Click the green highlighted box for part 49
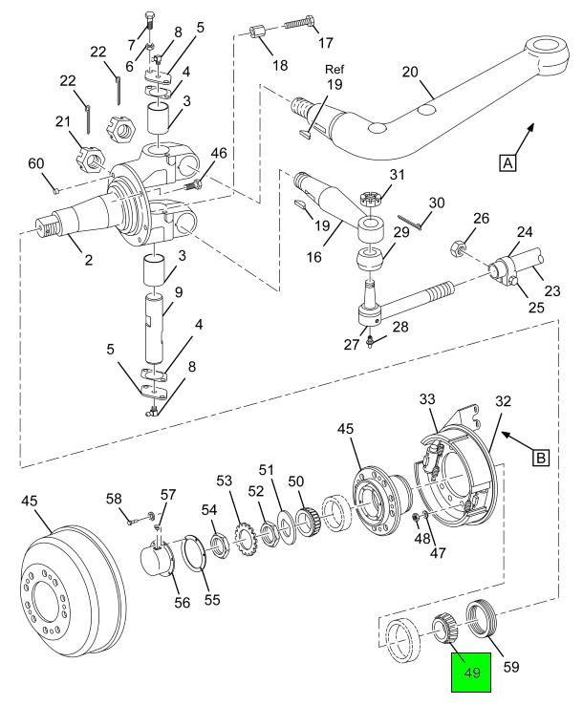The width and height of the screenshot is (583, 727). point(471,673)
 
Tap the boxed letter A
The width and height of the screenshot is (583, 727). point(508,163)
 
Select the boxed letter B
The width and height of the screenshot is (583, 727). point(541,459)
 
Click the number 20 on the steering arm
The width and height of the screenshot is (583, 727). point(410,73)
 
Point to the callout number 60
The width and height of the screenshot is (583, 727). point(36,163)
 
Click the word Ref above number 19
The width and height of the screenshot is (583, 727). point(335,70)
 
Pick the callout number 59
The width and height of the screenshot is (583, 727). point(511,667)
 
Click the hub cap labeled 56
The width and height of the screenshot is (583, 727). point(157,560)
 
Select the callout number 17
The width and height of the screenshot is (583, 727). point(326,43)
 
